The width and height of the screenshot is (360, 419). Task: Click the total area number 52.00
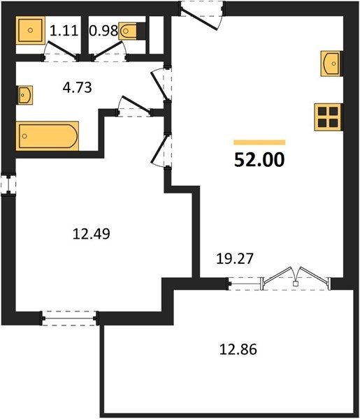(x=259, y=160)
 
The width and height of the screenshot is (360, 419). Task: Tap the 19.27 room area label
(x=235, y=258)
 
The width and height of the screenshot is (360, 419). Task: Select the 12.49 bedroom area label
(x=92, y=233)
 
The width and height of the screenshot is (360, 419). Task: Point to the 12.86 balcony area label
(x=238, y=349)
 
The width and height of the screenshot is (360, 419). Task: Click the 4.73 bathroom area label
(x=78, y=87)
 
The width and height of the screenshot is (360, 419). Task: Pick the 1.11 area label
(x=64, y=30)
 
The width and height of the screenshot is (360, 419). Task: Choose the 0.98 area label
(x=103, y=31)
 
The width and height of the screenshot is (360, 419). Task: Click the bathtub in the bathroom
(x=48, y=136)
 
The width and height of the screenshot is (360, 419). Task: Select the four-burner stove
(x=328, y=117)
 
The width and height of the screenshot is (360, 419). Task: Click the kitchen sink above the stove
(x=331, y=64)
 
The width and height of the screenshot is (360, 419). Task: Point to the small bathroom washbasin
(x=25, y=95)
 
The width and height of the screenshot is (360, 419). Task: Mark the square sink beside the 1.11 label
(x=30, y=30)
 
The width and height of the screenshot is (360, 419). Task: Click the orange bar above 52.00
(x=259, y=142)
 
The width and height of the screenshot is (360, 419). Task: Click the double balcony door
(x=296, y=279)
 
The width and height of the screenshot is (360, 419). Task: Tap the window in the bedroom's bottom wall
(x=69, y=318)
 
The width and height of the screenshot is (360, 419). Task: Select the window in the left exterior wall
(x=8, y=184)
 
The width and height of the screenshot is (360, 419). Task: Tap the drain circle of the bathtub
(x=24, y=136)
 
